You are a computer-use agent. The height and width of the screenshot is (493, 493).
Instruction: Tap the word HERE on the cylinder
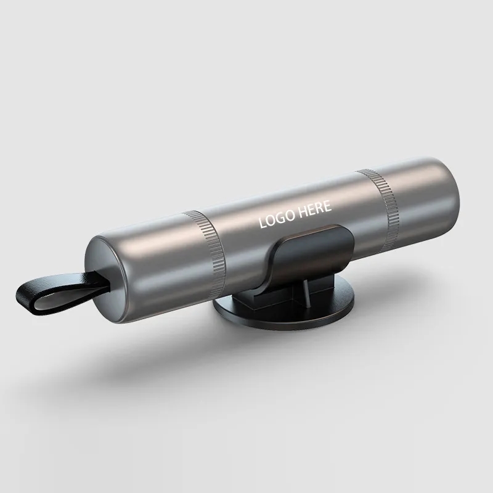coord(315,209)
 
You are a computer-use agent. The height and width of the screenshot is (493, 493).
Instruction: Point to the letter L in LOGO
coord(263,222)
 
